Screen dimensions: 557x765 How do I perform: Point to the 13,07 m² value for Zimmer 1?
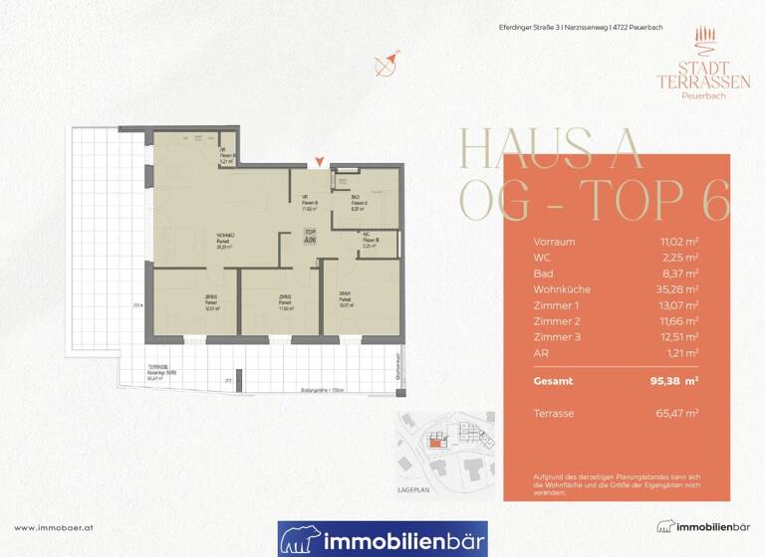[x=681, y=305]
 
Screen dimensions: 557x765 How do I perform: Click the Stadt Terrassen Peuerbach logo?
[x=689, y=62]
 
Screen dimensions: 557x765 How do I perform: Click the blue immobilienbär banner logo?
[x=382, y=539]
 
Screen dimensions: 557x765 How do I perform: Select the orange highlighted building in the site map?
[x=435, y=445]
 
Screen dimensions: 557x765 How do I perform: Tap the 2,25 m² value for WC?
[x=683, y=258]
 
